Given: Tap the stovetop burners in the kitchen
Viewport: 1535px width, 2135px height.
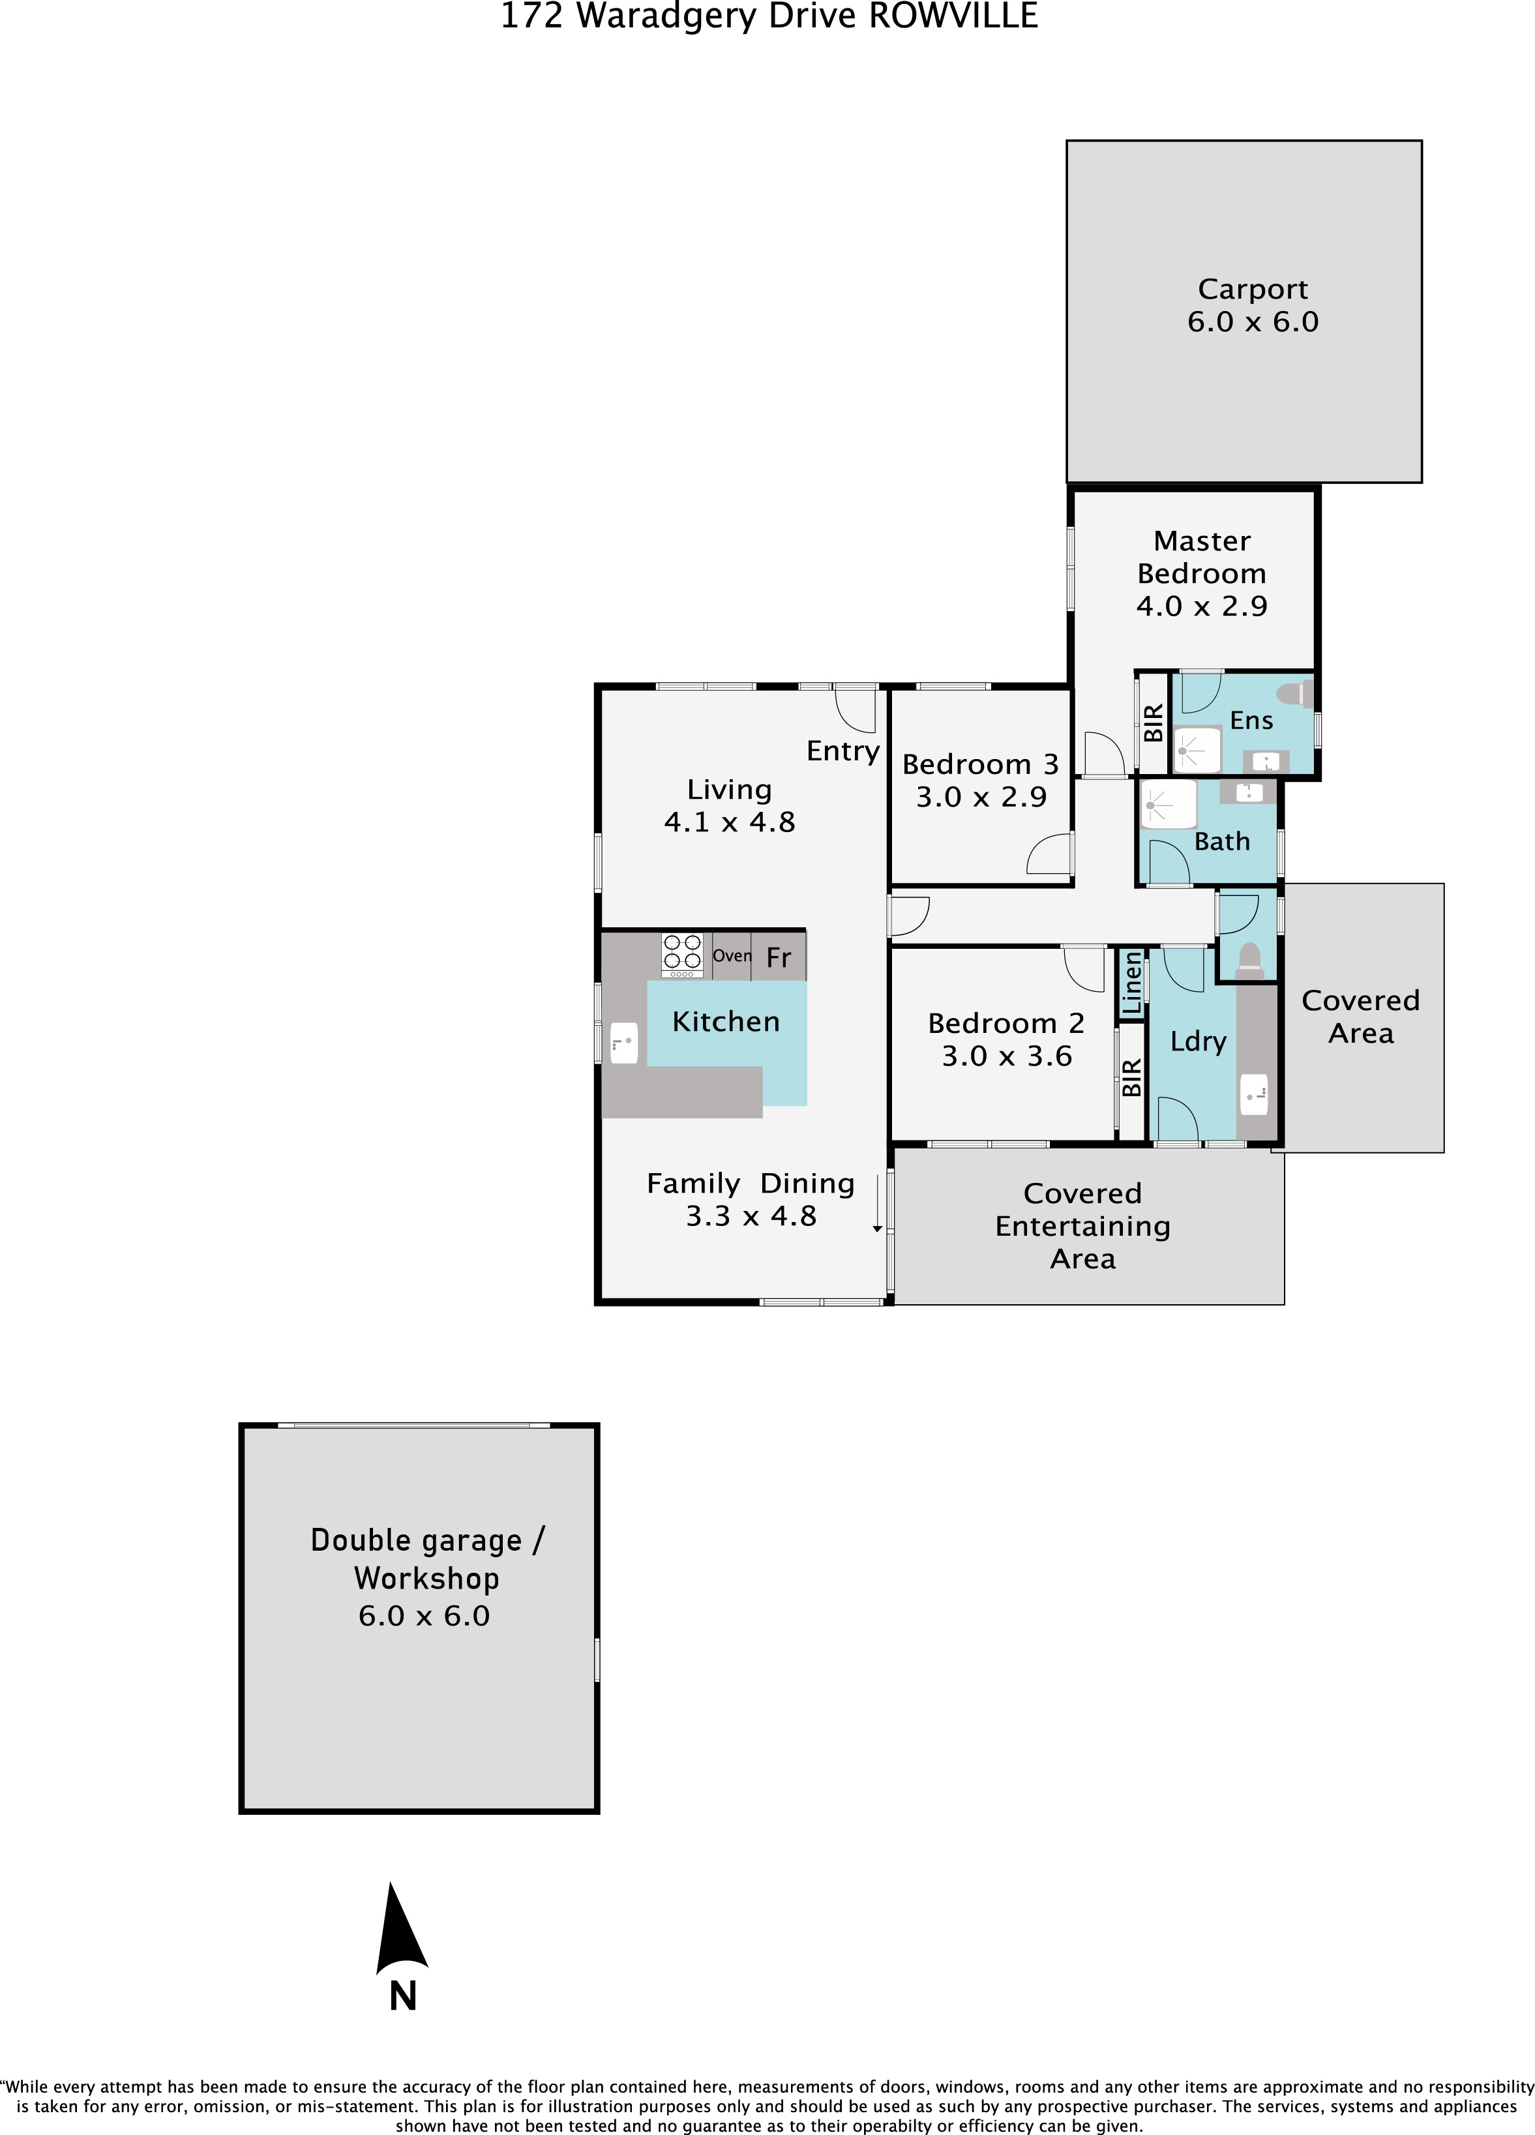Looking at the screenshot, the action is (x=682, y=955).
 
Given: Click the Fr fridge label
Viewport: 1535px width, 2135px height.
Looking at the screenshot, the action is (x=779, y=957).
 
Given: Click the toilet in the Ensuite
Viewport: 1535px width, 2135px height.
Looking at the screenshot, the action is (x=1295, y=694).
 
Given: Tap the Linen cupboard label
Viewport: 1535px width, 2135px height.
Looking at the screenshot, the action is (x=1131, y=983).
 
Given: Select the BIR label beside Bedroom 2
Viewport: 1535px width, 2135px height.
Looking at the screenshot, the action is (x=1131, y=1077).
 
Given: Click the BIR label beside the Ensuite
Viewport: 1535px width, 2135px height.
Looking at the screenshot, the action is (x=1153, y=723).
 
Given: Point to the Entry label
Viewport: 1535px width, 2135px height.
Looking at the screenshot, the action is (x=843, y=751).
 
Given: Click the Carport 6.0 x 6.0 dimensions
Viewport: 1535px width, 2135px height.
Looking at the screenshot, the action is (x=1253, y=322).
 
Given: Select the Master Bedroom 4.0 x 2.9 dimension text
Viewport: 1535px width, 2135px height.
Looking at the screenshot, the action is (x=1202, y=606).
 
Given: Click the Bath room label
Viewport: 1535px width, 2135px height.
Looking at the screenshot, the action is (x=1221, y=842).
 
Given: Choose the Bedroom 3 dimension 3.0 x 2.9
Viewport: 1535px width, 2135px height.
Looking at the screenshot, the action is (x=981, y=798).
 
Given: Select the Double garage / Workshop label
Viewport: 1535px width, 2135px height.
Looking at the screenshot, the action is (x=427, y=1559).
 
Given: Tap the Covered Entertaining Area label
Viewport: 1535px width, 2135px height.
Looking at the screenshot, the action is (x=1082, y=1226).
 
